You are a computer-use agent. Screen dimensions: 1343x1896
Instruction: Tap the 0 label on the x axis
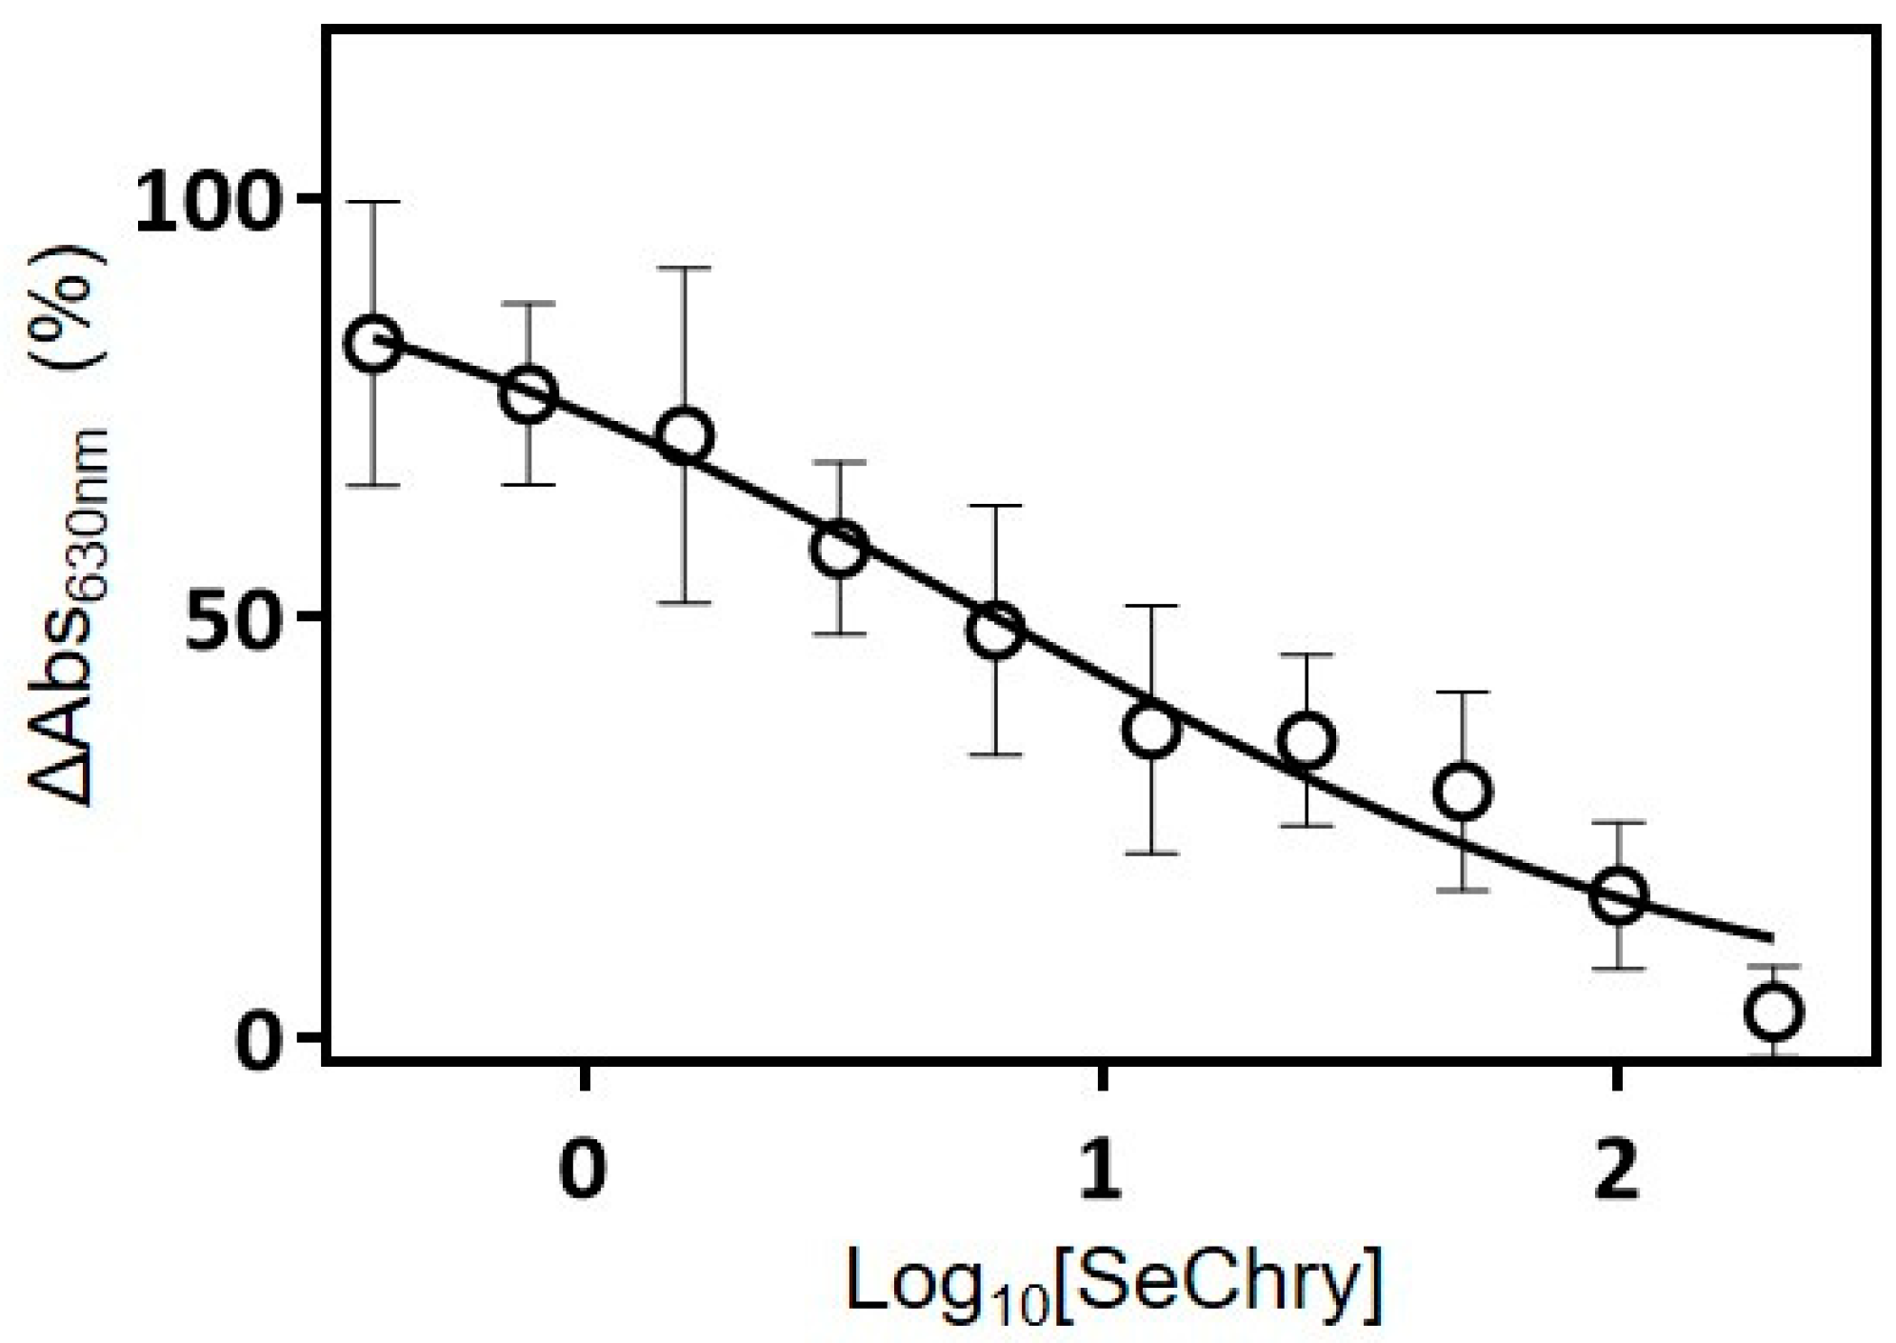pos(584,1172)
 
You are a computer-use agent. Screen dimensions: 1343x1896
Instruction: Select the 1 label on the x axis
pos(1101,1172)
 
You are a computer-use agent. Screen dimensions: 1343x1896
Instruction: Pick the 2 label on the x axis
pos(1616,1172)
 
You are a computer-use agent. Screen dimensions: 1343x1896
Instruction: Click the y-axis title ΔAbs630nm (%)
pos(69,529)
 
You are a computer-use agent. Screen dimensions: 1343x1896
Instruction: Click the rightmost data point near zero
pos(1773,1012)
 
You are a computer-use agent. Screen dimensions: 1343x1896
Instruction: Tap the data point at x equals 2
pos(1618,894)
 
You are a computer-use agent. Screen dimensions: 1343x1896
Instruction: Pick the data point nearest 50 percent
pos(995,631)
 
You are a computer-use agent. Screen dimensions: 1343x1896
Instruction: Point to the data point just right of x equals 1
pos(1151,731)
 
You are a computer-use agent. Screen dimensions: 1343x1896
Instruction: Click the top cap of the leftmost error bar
pos(373,202)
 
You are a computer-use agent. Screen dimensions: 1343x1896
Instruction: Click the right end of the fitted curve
pos(1771,939)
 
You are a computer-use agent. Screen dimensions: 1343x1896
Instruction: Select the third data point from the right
pos(1462,791)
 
